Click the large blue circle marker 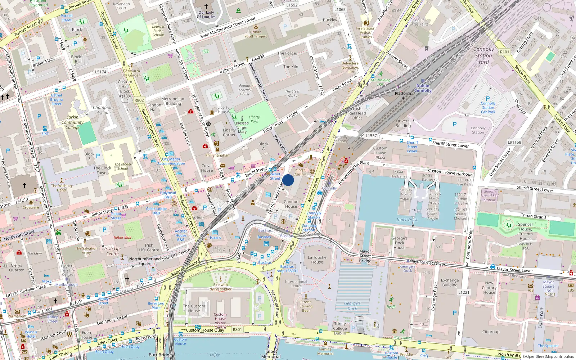tap(288, 180)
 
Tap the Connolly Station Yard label tap(483, 55)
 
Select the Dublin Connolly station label tap(423, 88)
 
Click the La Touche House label tap(317, 260)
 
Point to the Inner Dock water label tap(407, 220)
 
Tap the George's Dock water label tap(352, 306)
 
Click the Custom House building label tap(194, 309)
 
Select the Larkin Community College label tap(72, 122)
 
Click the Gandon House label tap(291, 204)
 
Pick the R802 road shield tap(139, 100)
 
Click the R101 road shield tap(505, 52)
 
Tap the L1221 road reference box tap(464, 292)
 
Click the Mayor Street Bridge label tap(365, 256)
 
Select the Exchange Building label tap(450, 283)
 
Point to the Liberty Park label tap(254, 119)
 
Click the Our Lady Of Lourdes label tap(206, 14)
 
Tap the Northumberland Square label tap(145, 261)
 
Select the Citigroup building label tap(491, 332)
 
